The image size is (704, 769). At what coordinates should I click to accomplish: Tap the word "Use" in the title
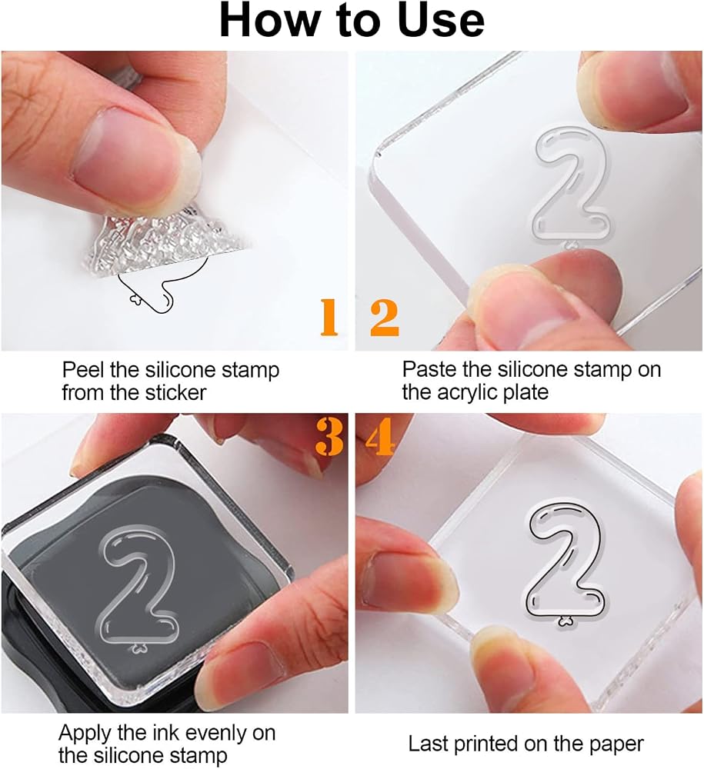coord(441,21)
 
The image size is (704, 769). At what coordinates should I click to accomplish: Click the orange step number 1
coord(329,317)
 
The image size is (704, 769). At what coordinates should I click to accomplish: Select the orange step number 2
coord(385,318)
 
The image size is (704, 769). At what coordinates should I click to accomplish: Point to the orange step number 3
coord(329,436)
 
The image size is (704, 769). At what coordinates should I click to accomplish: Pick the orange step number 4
coord(380,436)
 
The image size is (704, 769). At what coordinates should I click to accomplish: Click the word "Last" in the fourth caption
coord(427,744)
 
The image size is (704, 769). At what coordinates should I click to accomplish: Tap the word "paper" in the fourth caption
coord(616,745)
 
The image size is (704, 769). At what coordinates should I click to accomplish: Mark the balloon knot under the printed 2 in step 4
coord(566,622)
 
